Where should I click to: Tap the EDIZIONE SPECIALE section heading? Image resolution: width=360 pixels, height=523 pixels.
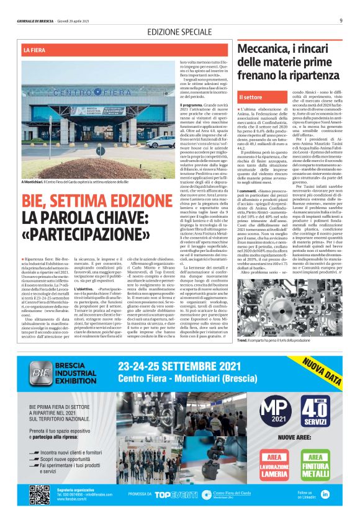[179, 32]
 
